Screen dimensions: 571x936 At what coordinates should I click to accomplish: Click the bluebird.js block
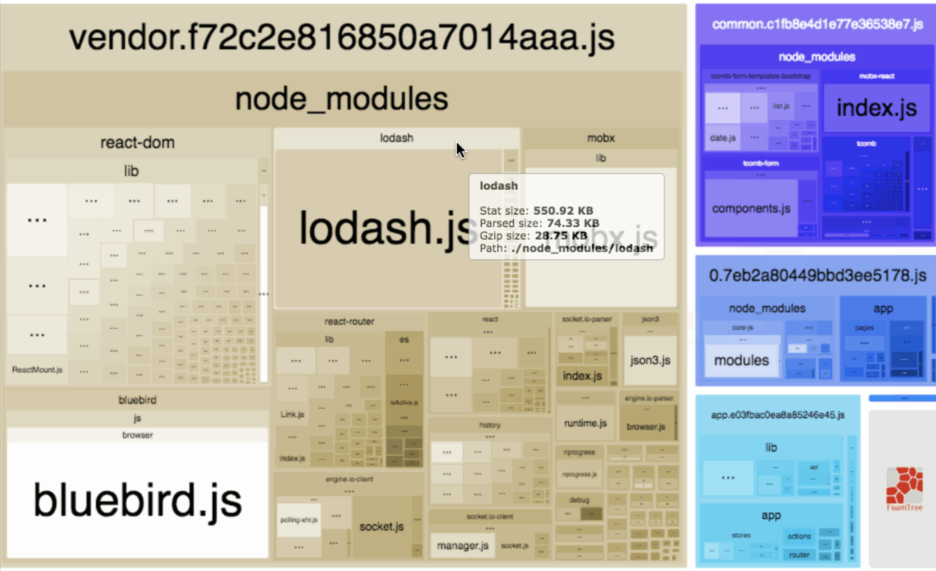137,500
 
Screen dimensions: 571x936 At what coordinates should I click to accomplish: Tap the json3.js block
650,360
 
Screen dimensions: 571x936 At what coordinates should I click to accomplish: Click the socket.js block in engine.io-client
381,526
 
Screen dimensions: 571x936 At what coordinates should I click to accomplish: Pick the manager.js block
462,546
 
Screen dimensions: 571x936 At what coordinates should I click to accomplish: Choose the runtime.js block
585,423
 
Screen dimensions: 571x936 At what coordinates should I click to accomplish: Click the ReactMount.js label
37,370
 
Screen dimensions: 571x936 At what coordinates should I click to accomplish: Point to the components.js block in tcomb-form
750,209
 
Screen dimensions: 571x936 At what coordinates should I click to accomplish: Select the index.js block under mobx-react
876,108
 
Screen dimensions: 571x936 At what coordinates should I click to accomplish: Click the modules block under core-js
741,360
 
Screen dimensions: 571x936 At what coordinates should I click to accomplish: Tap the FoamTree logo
904,488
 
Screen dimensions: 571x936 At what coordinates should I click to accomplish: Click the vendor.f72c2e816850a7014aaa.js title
342,37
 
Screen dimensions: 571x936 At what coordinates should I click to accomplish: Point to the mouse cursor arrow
460,150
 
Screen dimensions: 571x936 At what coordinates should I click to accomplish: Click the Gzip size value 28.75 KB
560,236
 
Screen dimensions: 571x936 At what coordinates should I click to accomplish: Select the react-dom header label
137,143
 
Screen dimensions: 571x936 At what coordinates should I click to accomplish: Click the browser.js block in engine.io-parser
646,427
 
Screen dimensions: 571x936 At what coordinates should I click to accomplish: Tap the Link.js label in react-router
292,414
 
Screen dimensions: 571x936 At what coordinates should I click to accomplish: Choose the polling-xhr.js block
299,519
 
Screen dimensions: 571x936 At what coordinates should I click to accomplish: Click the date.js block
722,138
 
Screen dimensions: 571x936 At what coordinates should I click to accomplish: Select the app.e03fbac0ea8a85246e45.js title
778,415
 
